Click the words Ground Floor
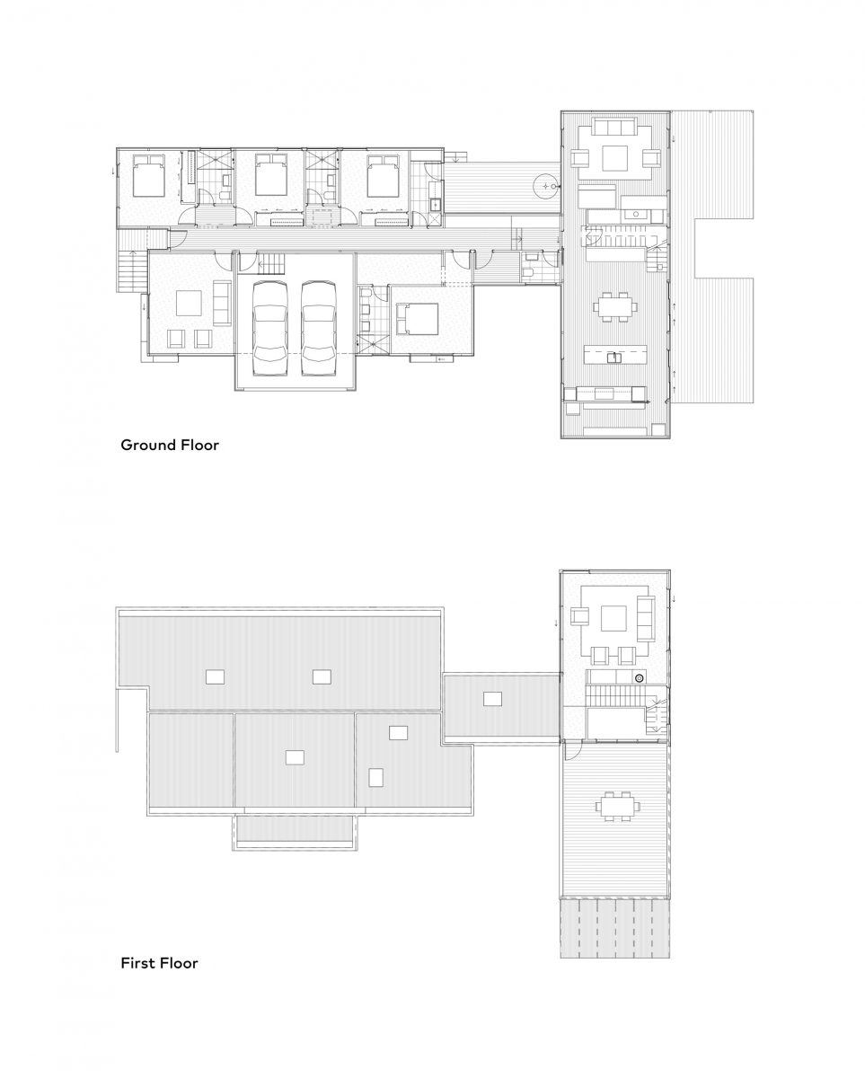[170, 445]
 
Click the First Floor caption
[159, 964]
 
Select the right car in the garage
[318, 321]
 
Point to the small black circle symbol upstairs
[639, 678]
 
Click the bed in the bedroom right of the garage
[417, 319]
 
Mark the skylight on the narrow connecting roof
[492, 698]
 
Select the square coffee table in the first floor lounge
[614, 618]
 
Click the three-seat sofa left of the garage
[221, 304]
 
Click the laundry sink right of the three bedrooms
[435, 205]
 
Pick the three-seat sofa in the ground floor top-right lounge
[616, 130]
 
